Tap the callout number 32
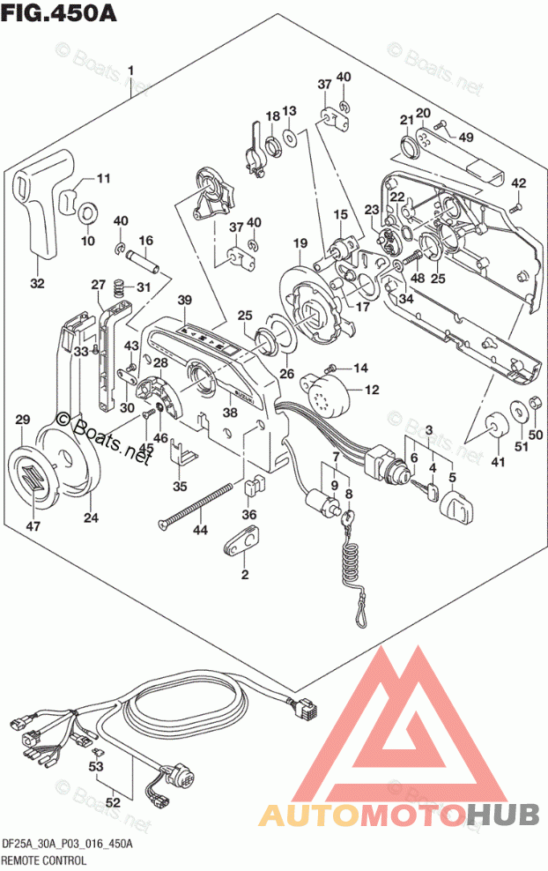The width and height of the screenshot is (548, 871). click(x=37, y=283)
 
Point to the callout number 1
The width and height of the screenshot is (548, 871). click(x=130, y=70)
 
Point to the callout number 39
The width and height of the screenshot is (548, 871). click(x=184, y=301)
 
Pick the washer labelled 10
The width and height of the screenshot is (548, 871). click(x=88, y=213)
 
